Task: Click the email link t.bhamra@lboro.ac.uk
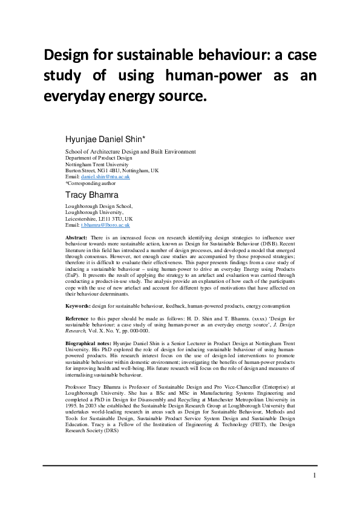(x=109, y=224)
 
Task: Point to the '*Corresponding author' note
(x=91, y=183)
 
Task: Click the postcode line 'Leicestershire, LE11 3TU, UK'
(x=99, y=218)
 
